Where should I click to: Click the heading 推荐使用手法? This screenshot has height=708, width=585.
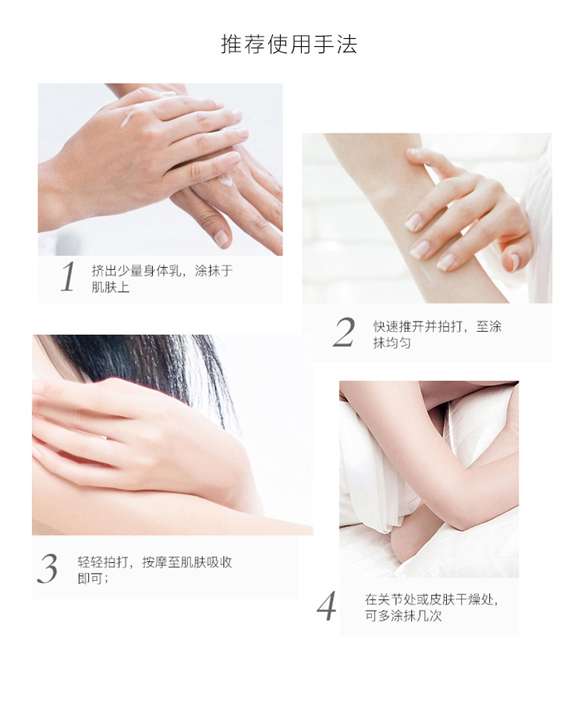point(289,44)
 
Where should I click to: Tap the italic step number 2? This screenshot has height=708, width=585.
point(343,333)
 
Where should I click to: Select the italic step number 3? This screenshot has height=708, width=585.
point(47,569)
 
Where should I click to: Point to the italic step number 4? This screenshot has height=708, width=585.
point(326,607)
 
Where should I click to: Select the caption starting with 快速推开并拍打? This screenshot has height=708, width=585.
point(437,334)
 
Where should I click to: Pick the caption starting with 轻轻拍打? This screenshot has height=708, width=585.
point(154,570)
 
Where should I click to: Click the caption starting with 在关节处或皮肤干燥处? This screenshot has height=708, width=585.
point(431,607)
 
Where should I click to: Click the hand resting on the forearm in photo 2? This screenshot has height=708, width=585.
point(460,211)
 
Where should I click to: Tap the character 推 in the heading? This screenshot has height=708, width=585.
point(230,44)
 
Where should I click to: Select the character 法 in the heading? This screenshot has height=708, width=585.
point(348,44)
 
